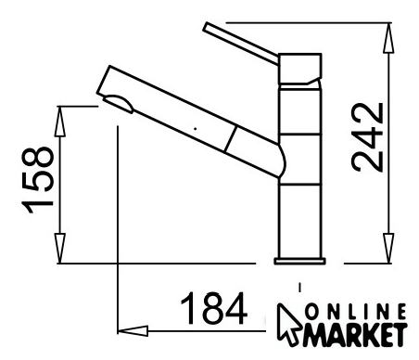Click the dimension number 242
coord(367,137)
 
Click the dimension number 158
coord(37,180)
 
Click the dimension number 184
coord(214,308)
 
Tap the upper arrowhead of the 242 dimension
coord(388,38)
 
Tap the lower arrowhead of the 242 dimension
coord(388,248)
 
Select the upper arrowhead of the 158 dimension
coord(60,122)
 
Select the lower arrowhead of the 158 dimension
coord(60,249)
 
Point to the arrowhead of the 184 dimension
coord(133,331)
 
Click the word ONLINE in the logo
coord(355,312)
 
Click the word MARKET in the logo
coord(355,334)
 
